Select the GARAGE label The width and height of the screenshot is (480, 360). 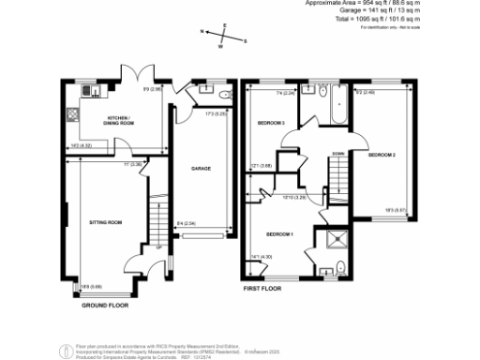(201, 169)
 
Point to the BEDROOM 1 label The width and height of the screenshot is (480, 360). (280, 233)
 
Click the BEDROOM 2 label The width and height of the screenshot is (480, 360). (382, 154)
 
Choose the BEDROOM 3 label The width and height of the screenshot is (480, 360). (271, 123)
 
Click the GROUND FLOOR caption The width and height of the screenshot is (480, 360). (106, 306)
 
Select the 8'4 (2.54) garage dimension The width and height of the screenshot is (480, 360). (186, 223)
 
